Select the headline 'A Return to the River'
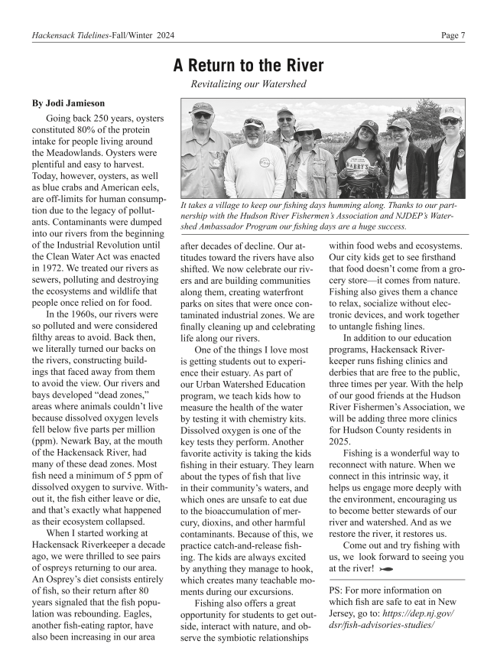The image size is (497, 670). [248, 66]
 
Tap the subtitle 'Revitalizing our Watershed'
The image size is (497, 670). [248, 84]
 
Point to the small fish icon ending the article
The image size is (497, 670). [386, 569]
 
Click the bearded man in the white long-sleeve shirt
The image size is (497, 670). [253, 160]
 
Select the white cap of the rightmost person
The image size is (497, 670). [451, 112]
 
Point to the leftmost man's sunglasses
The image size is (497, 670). [202, 115]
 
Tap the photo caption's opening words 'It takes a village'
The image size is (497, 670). [217, 204]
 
